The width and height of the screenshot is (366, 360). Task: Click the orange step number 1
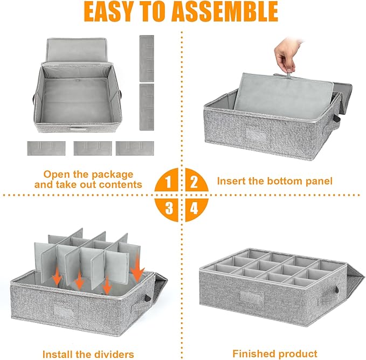[x=168, y=182]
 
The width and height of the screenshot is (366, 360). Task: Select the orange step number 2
[x=194, y=182]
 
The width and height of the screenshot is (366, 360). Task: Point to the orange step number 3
[x=169, y=208]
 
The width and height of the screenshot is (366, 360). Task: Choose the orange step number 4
[x=194, y=208]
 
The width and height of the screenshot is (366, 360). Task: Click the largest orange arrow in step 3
[x=137, y=268]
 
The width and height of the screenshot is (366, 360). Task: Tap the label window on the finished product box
[x=251, y=297]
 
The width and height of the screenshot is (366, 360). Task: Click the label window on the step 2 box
[x=256, y=135]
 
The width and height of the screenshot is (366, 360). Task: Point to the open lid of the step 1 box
[x=77, y=51]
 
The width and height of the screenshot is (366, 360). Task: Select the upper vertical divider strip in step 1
[x=147, y=59]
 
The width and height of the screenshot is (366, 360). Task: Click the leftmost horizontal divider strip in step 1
[x=46, y=148]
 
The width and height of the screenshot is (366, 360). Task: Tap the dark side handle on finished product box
[x=337, y=290]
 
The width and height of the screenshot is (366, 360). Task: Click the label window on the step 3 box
[x=63, y=311]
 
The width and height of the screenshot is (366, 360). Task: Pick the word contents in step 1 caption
[x=120, y=184]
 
